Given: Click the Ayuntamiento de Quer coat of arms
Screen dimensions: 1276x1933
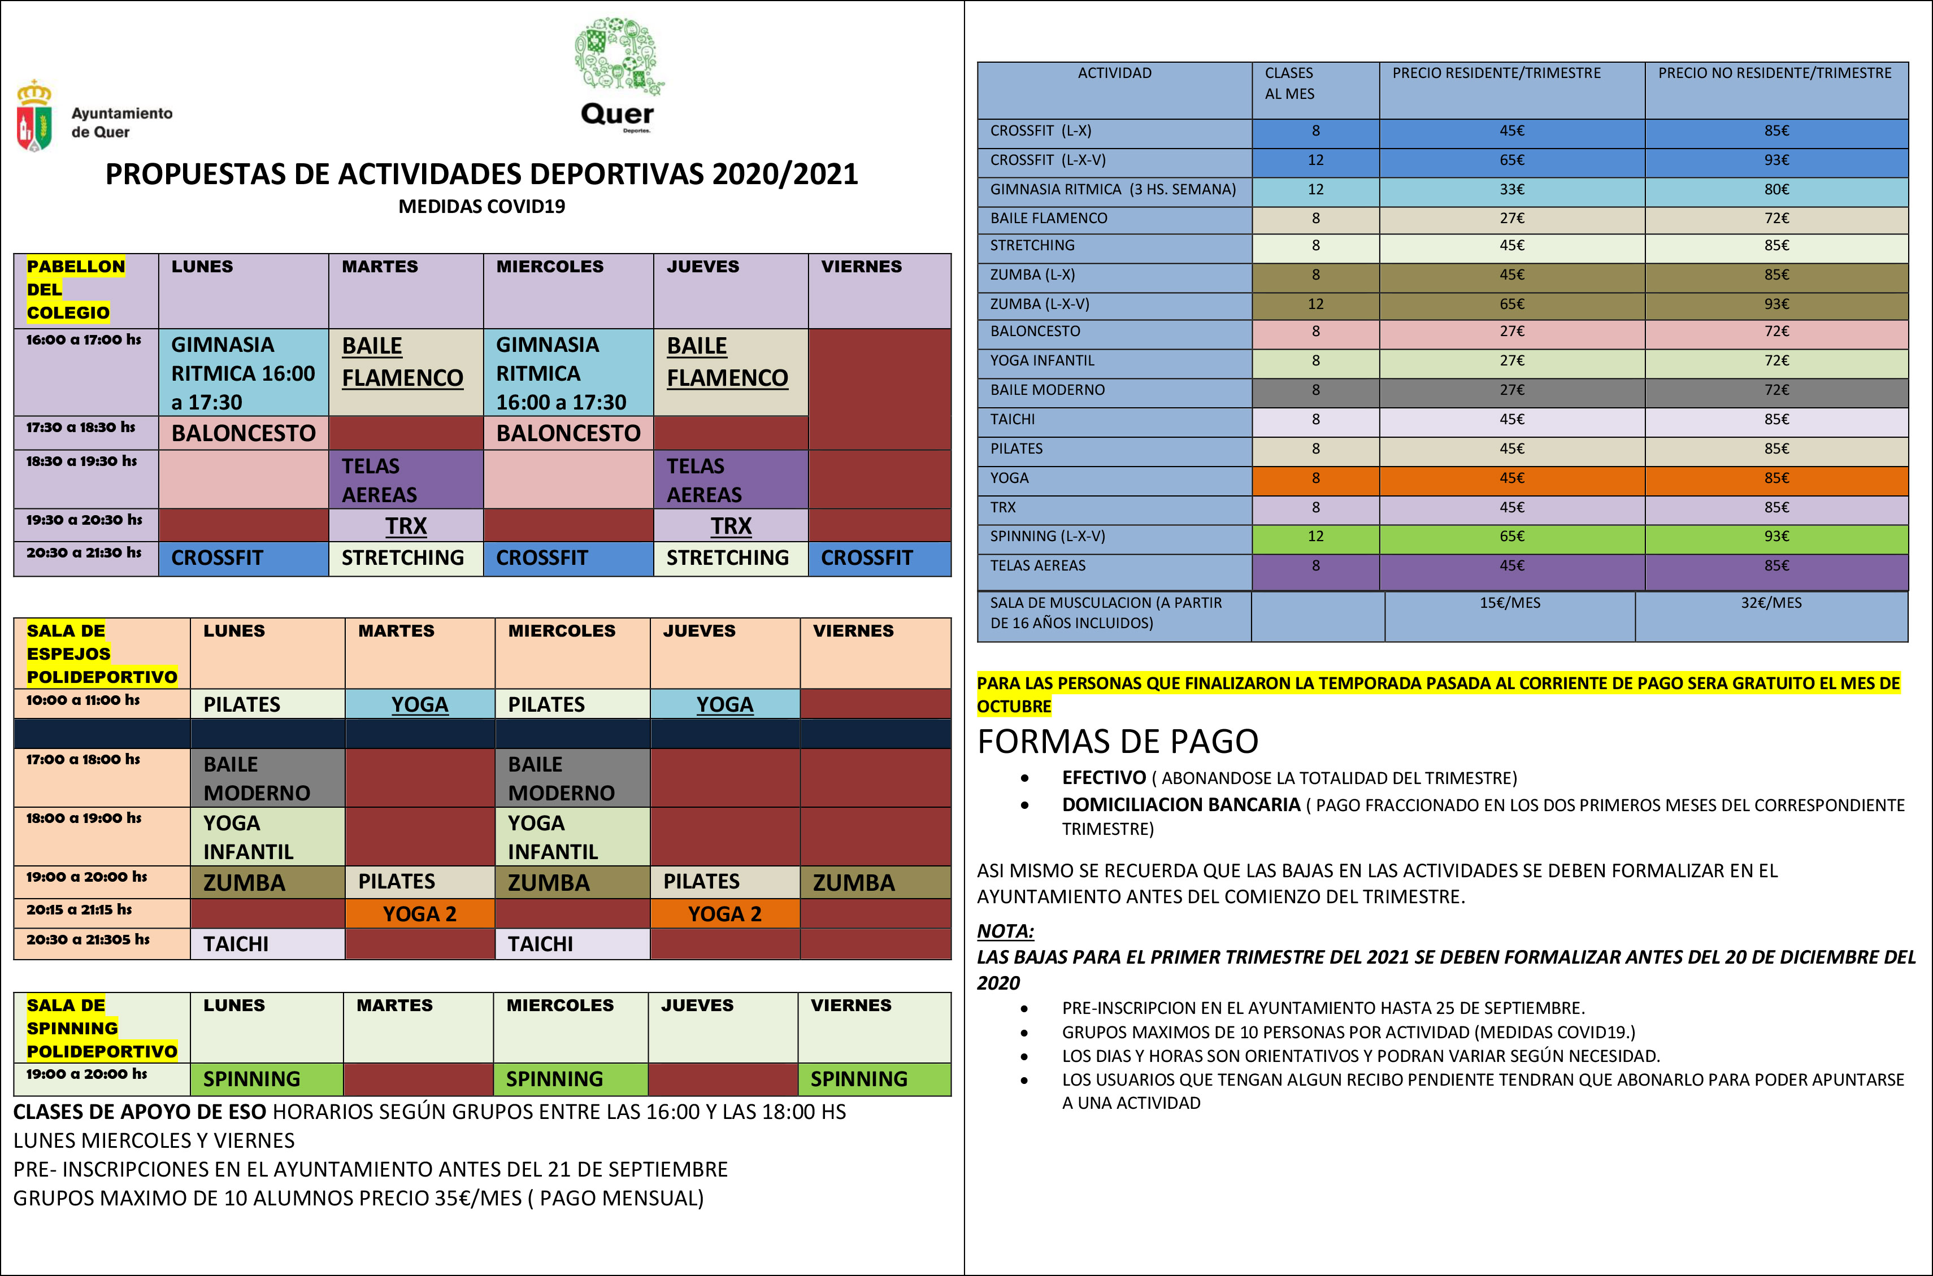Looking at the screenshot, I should coord(34,116).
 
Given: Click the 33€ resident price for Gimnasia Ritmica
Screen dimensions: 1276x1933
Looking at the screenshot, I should coord(1511,190).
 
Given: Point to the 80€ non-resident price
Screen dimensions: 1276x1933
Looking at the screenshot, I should coord(1776,190).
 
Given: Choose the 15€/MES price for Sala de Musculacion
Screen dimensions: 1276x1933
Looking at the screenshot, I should coord(1509,603).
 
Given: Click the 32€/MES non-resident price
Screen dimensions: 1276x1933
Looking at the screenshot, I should coord(1771,603).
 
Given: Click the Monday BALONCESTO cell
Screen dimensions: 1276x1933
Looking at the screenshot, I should coord(244,433).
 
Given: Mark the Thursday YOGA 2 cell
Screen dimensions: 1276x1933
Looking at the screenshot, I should coord(724,914).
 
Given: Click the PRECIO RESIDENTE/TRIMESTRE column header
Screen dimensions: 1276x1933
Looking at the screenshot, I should coord(1496,73).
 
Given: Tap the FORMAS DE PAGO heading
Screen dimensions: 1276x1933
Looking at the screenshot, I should coord(1118,741).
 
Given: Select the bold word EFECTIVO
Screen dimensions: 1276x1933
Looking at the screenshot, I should coord(1104,778).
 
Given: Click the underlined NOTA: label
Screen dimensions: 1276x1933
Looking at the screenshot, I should coord(1005,931).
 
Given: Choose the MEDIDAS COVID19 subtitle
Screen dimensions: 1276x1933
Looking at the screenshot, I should coord(482,207).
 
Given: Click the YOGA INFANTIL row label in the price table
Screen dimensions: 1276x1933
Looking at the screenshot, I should coord(1042,360).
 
